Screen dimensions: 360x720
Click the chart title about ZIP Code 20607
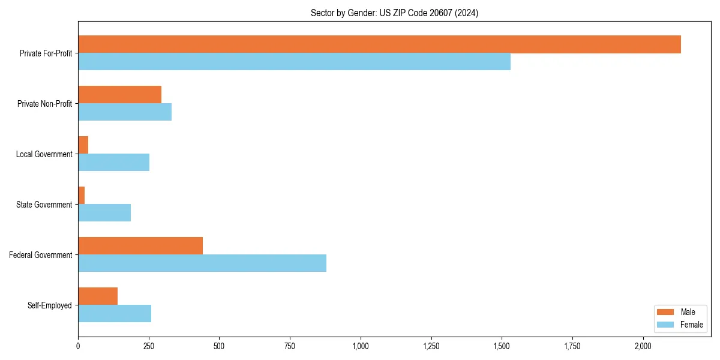(394, 13)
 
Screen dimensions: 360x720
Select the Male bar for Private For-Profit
(379, 44)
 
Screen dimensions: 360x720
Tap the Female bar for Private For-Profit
(294, 62)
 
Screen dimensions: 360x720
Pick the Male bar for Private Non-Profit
(119, 95)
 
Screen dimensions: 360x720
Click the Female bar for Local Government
(113, 163)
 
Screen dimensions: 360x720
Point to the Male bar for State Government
(82, 196)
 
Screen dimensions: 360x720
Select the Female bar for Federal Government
(202, 263)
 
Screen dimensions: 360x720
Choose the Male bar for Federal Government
(140, 246)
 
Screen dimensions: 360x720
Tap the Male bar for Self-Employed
(98, 296)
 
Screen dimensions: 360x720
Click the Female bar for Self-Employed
(115, 314)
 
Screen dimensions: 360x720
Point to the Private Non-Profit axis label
(44, 104)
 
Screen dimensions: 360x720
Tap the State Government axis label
(44, 205)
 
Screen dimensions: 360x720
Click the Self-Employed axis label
(50, 305)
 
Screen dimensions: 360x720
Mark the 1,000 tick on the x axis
(361, 346)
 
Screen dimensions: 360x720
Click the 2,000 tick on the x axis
(643, 346)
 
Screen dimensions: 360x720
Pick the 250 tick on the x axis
(149, 346)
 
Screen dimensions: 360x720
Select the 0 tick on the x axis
(78, 346)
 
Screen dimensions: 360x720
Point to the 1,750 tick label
(572, 346)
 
